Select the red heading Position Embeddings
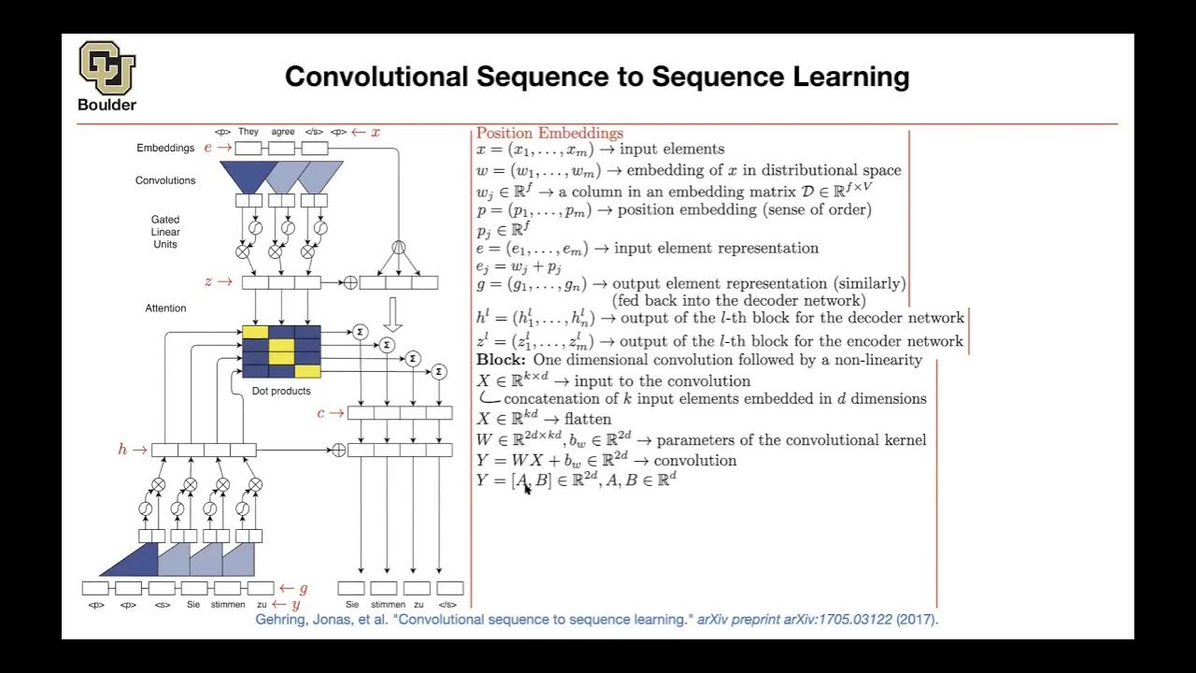549,133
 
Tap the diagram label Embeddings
165,148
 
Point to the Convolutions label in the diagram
165,180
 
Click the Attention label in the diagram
165,308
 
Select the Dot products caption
281,391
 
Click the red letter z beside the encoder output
208,281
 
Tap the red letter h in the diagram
122,450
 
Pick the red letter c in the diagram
320,412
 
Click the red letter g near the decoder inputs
303,588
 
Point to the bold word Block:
501,360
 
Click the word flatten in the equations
588,420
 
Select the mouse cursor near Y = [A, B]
527,488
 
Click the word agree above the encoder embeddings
283,132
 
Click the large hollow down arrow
393,315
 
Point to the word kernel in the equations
903,439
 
